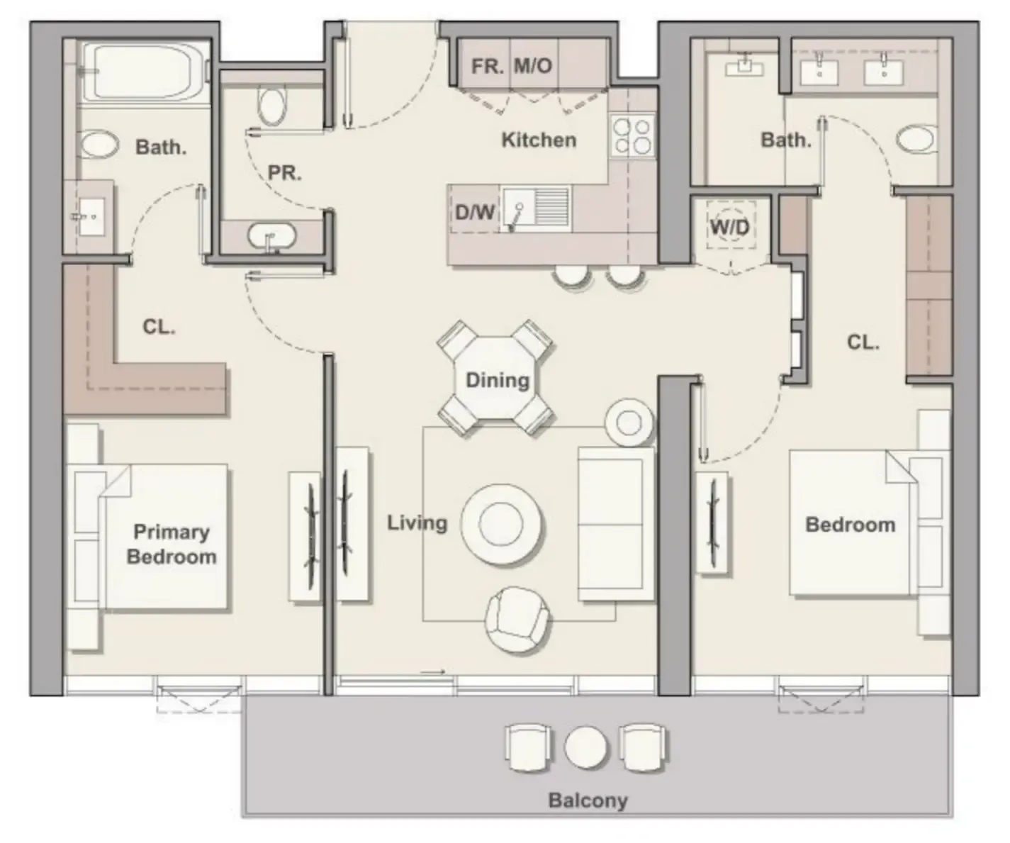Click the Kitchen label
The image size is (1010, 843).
pyautogui.click(x=539, y=140)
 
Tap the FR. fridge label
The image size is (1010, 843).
pyautogui.click(x=487, y=66)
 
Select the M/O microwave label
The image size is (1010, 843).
pyautogui.click(x=532, y=66)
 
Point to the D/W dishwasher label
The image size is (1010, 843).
pyautogui.click(x=474, y=212)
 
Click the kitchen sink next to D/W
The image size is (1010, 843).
pyautogui.click(x=536, y=208)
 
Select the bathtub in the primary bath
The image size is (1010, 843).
pyautogui.click(x=145, y=72)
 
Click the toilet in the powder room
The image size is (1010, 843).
pyautogui.click(x=271, y=106)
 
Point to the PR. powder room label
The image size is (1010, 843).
pyautogui.click(x=284, y=172)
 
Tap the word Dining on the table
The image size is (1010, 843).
pyautogui.click(x=498, y=380)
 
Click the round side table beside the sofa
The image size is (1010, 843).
pyautogui.click(x=629, y=423)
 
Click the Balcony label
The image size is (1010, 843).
pyautogui.click(x=588, y=800)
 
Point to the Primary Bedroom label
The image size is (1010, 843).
pyautogui.click(x=172, y=544)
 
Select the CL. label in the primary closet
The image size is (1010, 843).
pyautogui.click(x=159, y=327)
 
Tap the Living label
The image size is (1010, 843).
pyautogui.click(x=417, y=523)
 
